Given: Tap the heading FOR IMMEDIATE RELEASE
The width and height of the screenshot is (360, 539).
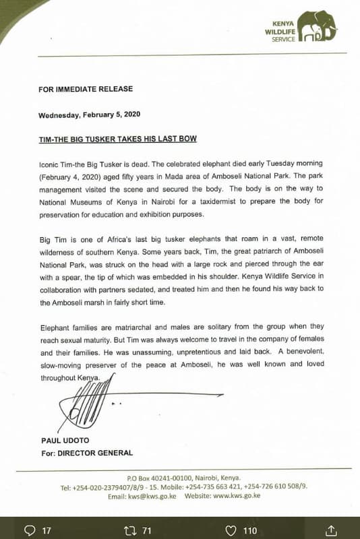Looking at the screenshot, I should pyautogui.click(x=86, y=89).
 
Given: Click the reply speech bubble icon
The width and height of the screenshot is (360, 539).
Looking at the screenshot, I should pyautogui.click(x=30, y=530).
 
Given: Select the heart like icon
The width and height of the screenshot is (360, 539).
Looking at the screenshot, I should pyautogui.click(x=231, y=530).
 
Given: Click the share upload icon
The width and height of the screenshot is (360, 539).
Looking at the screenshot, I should pyautogui.click(x=331, y=530).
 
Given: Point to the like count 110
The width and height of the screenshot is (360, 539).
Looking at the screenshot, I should pyautogui.click(x=250, y=531).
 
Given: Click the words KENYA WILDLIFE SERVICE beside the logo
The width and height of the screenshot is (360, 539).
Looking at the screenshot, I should pyautogui.click(x=280, y=30).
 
